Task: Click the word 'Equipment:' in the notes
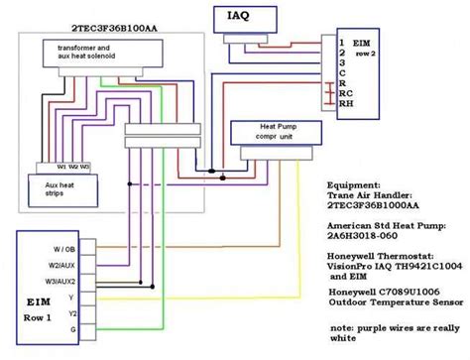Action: pos(352,183)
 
